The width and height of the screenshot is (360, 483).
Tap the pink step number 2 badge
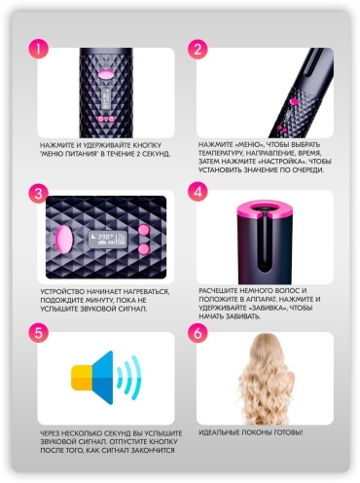click(x=198, y=49)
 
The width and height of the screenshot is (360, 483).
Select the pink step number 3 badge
click(x=39, y=194)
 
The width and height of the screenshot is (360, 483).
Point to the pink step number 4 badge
click(x=198, y=192)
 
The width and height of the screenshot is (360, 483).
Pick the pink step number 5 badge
click(x=39, y=333)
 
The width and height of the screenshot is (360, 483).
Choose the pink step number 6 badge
click(x=198, y=333)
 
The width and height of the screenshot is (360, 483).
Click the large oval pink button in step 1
click(x=105, y=74)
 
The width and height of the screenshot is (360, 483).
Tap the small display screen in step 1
click(x=105, y=98)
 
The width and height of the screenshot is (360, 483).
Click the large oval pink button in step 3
click(x=64, y=240)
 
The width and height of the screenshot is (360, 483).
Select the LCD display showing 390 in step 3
click(x=107, y=239)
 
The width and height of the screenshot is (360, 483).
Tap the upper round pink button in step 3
click(x=144, y=230)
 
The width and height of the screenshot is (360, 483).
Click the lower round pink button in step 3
click(x=144, y=249)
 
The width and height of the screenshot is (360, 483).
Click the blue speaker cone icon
click(x=102, y=377)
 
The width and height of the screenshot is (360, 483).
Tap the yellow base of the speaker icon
click(x=82, y=377)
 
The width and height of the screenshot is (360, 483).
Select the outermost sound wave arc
click(x=137, y=377)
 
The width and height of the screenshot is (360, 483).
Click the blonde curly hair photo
click(x=266, y=379)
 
